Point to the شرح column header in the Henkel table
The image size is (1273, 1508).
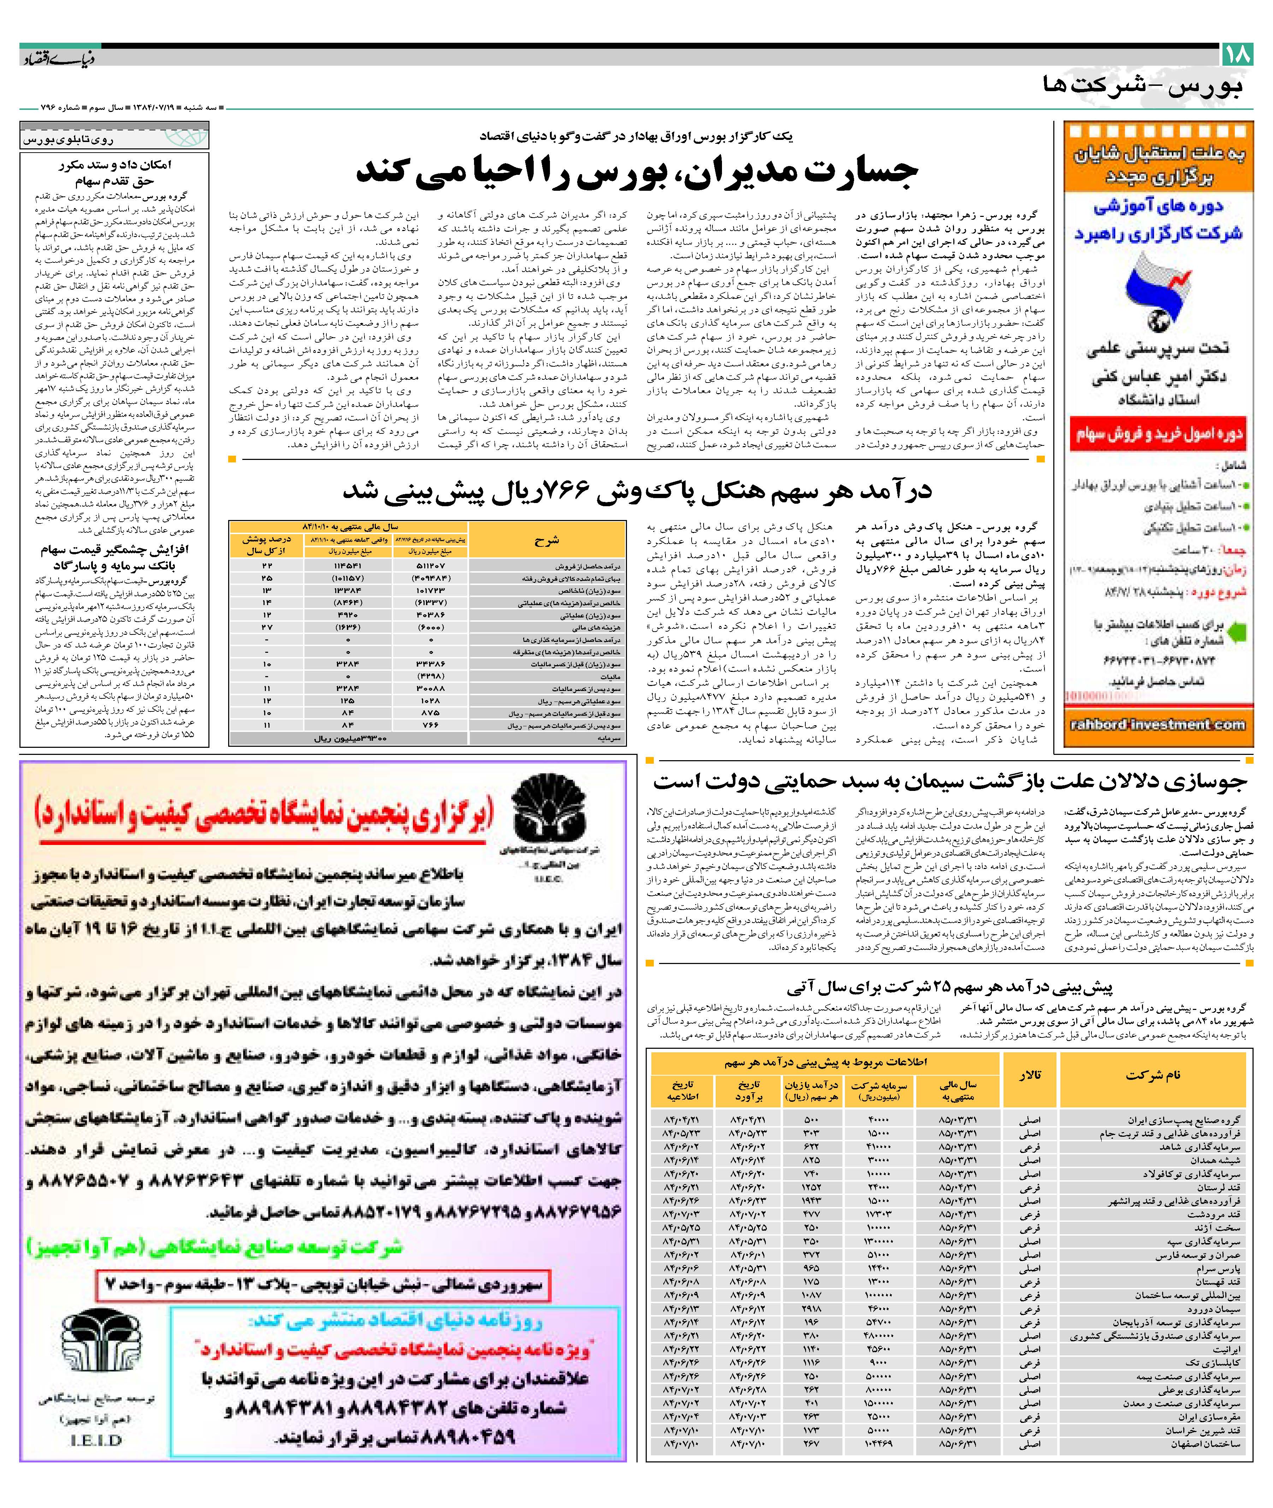coord(547,540)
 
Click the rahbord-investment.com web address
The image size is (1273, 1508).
coord(1159,725)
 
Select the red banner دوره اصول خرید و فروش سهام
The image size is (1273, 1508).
coord(1159,434)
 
